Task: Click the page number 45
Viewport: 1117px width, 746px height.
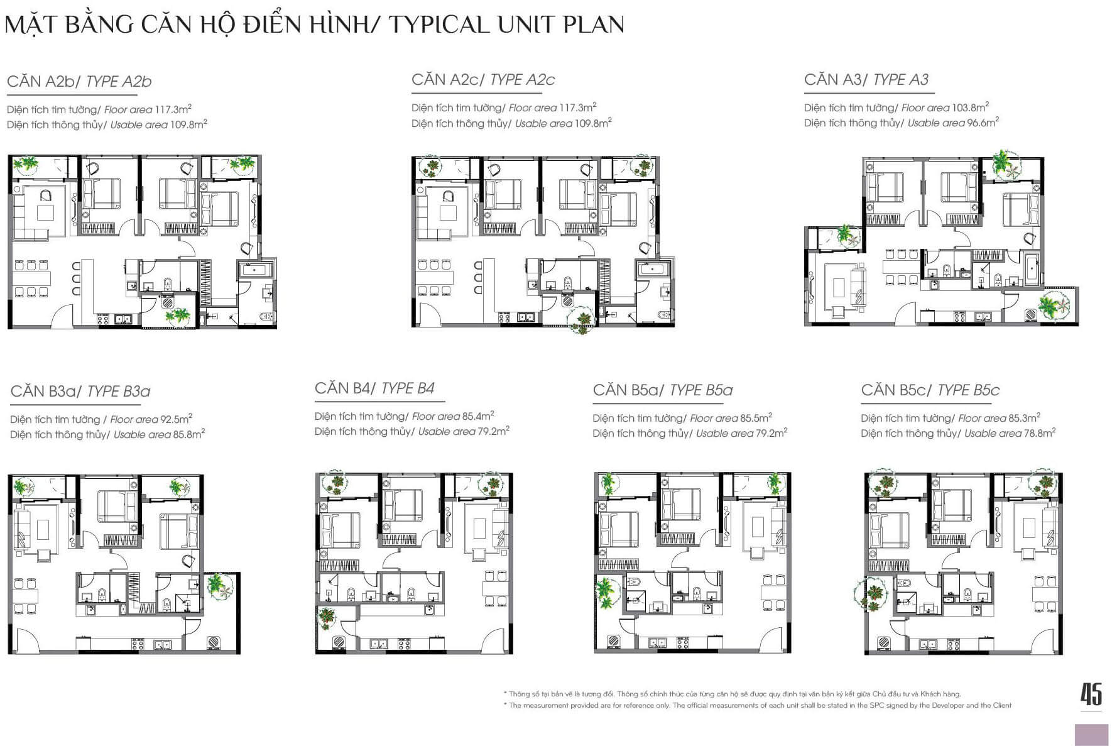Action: [1091, 694]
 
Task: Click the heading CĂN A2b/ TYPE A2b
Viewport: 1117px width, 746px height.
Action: [79, 82]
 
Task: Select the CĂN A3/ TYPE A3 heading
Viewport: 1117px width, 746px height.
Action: [866, 80]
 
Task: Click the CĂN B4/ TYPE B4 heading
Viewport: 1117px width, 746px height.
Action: [374, 388]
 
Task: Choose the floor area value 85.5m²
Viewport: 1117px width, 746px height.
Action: [756, 418]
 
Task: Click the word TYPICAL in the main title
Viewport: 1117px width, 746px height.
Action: [439, 25]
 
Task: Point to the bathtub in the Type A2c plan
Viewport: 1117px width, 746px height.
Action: [655, 269]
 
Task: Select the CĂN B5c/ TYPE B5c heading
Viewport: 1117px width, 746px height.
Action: [930, 390]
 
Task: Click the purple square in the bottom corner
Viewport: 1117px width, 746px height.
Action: [1092, 735]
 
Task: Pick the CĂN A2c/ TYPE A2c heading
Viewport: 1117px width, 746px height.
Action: [483, 80]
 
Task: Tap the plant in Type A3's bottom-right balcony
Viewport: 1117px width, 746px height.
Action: [1051, 305]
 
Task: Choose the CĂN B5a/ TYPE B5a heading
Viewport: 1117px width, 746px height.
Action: [663, 390]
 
